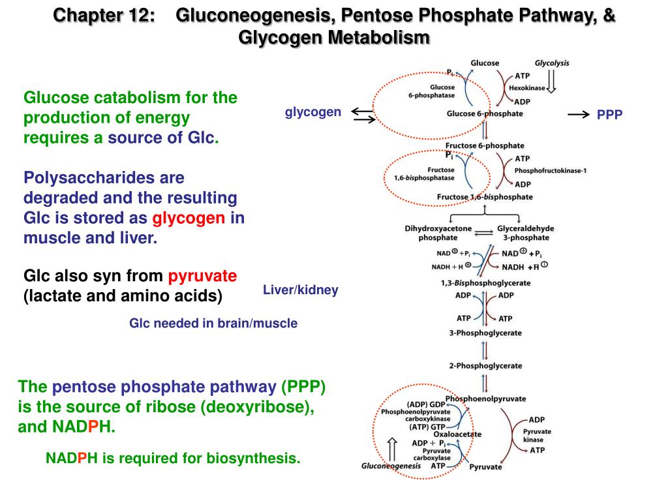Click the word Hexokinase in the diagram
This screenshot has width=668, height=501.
(532, 88)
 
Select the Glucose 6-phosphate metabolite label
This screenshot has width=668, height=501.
(485, 114)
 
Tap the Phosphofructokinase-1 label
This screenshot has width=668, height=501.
(551, 171)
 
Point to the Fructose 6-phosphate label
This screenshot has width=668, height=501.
(485, 145)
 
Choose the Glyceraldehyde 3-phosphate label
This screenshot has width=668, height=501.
(526, 233)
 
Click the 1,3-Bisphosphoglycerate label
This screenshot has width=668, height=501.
(485, 283)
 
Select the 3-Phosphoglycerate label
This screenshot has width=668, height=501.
(485, 333)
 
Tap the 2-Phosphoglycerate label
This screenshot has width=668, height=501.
(485, 366)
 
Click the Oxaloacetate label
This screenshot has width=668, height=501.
(457, 434)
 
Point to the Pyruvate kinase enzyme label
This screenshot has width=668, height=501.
(537, 436)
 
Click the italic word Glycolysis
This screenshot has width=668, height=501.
(552, 63)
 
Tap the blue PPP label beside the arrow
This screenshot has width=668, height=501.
(610, 115)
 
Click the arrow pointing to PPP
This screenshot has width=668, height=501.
(579, 114)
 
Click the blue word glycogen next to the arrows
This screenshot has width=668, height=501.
(313, 112)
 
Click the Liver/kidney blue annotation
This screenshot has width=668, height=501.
(301, 290)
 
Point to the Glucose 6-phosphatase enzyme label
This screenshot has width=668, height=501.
(432, 91)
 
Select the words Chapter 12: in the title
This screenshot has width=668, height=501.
(104, 15)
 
